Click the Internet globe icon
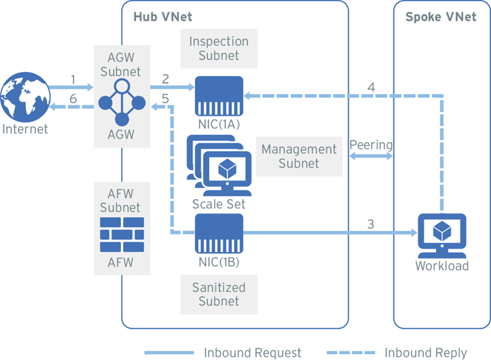click(25, 98)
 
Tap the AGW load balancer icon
click(121, 102)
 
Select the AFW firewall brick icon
click(120, 235)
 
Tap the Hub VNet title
click(161, 16)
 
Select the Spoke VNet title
click(441, 16)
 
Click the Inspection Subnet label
click(219, 48)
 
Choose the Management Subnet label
click(299, 156)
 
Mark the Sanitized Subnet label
click(219, 295)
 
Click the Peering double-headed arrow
click(371, 157)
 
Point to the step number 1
click(73, 80)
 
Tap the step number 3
click(371, 224)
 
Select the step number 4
click(371, 86)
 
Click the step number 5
click(166, 98)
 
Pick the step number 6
click(73, 98)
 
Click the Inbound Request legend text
click(253, 352)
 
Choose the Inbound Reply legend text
click(426, 352)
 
